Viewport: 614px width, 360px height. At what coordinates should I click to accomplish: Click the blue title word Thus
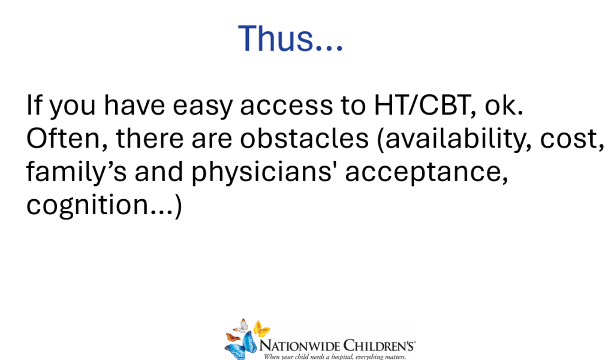291,38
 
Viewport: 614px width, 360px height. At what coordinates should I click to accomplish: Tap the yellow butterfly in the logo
261,329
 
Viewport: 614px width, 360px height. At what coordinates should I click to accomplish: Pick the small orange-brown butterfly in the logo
233,337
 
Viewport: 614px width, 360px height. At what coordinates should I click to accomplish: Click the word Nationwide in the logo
300,346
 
